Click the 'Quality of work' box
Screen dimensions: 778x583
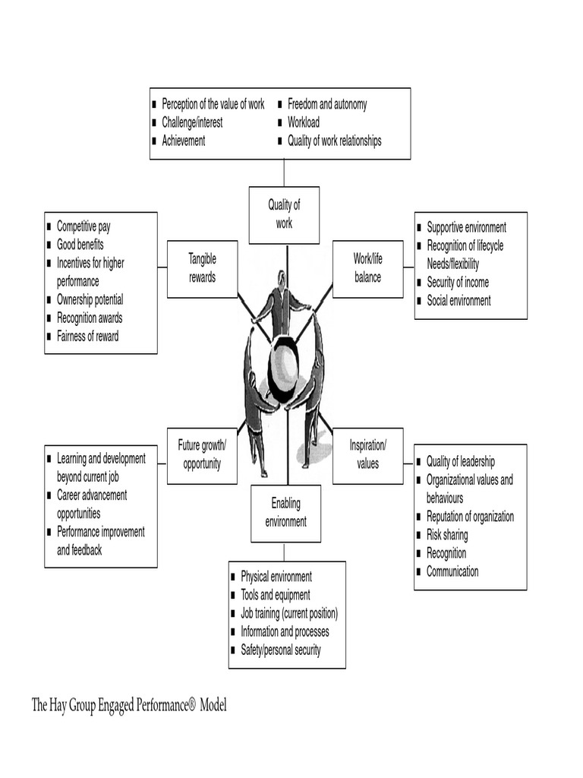coord(284,214)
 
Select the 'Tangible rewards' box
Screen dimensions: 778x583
coord(202,269)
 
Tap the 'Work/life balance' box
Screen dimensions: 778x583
coord(367,269)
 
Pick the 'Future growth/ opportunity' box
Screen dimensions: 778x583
coord(202,454)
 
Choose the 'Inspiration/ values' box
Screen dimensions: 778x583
coord(367,454)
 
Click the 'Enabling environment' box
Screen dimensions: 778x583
coord(285,513)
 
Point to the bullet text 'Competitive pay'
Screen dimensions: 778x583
coord(84,226)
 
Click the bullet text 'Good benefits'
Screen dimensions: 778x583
coord(80,245)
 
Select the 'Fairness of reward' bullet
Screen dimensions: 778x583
coord(88,337)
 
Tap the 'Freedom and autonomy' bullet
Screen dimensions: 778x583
coord(327,104)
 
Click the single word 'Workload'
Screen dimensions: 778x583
coord(304,122)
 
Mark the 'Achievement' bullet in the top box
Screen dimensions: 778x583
coord(184,141)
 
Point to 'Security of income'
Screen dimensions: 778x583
coord(458,283)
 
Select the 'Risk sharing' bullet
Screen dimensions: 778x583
coord(447,535)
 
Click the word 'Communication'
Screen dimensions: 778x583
coord(452,571)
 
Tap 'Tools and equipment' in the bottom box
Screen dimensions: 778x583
coord(276,596)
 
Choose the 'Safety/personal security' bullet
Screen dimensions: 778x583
coord(281,650)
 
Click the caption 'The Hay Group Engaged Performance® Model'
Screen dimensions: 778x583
coord(129,705)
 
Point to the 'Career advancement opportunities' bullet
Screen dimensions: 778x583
coord(92,504)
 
